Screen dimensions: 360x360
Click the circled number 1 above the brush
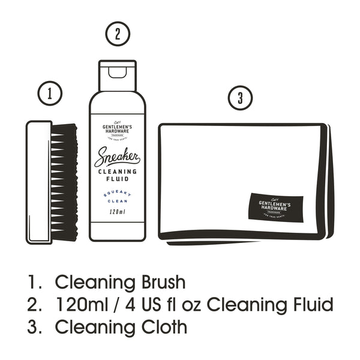[x=51, y=94]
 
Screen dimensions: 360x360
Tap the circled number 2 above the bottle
[x=117, y=34]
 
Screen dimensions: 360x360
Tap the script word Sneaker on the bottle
[x=117, y=158]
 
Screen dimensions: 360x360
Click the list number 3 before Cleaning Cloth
[x=32, y=328]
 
